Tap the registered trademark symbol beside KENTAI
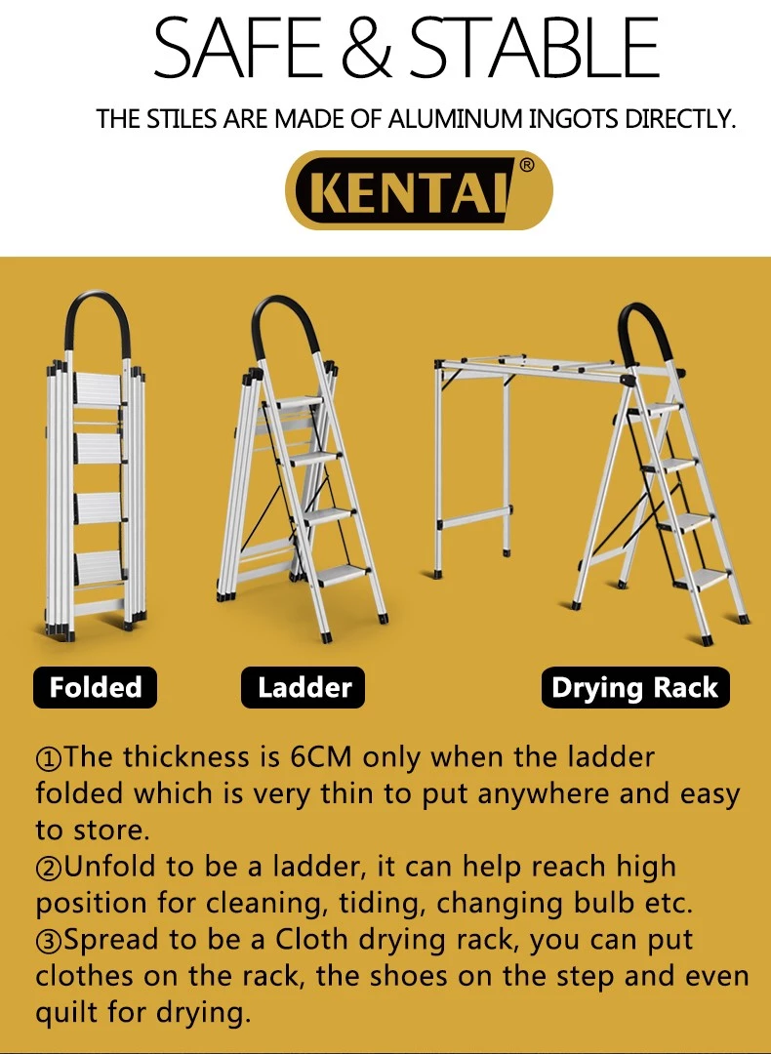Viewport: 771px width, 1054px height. point(527,166)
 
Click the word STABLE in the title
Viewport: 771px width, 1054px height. point(534,48)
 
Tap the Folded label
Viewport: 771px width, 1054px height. point(96,688)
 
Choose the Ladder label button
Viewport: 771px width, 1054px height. point(304,688)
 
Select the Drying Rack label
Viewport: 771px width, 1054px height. point(634,688)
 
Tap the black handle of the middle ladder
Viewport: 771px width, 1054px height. point(287,322)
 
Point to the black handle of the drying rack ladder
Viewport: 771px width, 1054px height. point(645,332)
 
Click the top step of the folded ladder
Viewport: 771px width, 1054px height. point(98,388)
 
